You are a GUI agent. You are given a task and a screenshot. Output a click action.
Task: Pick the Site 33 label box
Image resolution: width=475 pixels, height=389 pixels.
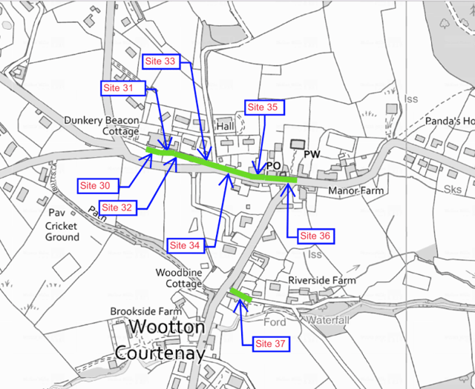[160, 61]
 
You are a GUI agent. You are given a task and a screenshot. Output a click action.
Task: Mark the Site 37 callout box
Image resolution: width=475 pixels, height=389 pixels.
[272, 344]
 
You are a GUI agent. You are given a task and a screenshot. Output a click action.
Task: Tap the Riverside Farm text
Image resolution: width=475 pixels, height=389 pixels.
[322, 281]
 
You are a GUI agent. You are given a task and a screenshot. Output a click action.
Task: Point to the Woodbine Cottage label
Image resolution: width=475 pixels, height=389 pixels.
[179, 279]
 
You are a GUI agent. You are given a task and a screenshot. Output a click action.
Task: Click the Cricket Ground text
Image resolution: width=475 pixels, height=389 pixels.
[62, 231]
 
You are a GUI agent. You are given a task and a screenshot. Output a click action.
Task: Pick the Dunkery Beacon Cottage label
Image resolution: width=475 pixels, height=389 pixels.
[102, 125]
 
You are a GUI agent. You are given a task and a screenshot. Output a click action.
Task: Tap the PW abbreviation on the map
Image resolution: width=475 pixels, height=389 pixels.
[310, 156]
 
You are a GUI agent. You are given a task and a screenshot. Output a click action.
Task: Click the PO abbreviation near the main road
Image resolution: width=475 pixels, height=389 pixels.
[272, 165]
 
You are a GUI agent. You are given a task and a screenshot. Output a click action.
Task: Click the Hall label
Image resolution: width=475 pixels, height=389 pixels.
[224, 127]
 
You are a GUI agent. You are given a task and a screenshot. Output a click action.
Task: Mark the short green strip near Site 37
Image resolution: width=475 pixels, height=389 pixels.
[239, 294]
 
